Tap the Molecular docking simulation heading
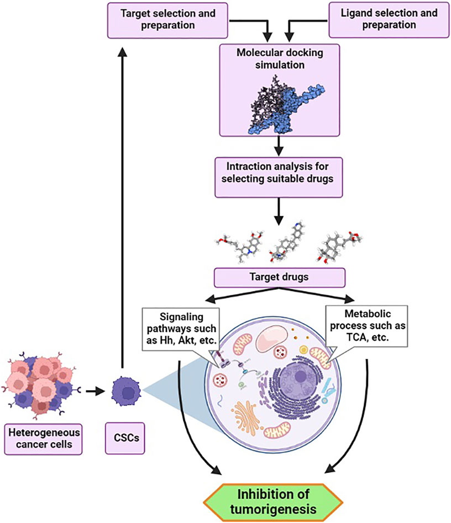coord(279,59)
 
